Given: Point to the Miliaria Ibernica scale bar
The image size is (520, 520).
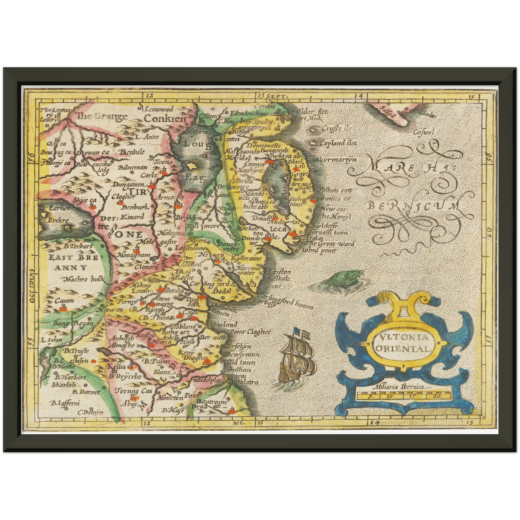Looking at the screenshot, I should [x=403, y=395].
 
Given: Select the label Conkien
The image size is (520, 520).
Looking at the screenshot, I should [x=165, y=118].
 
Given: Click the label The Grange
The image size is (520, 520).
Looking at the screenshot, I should [x=102, y=116].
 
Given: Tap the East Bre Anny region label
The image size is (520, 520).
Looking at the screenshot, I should [x=73, y=262].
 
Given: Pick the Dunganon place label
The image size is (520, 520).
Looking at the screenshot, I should [x=128, y=185].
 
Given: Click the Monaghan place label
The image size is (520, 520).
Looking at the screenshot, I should [x=133, y=256].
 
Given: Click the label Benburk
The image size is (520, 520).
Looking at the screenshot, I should [x=135, y=207].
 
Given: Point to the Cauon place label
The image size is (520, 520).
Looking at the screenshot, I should [x=64, y=300].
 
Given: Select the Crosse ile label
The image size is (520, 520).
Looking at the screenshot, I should [x=336, y=128].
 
